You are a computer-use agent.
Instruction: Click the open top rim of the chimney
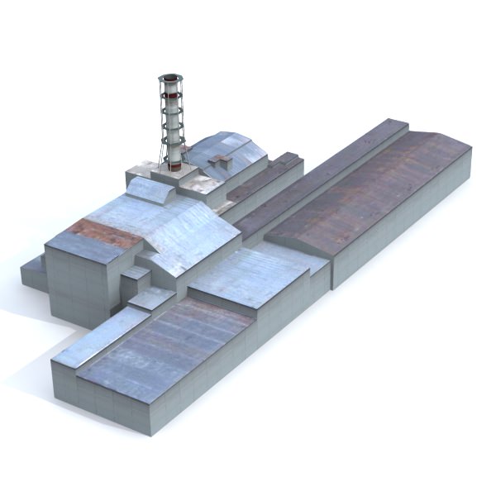170,78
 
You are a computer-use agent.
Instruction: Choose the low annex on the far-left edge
33,273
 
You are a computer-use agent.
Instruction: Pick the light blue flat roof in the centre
248,273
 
